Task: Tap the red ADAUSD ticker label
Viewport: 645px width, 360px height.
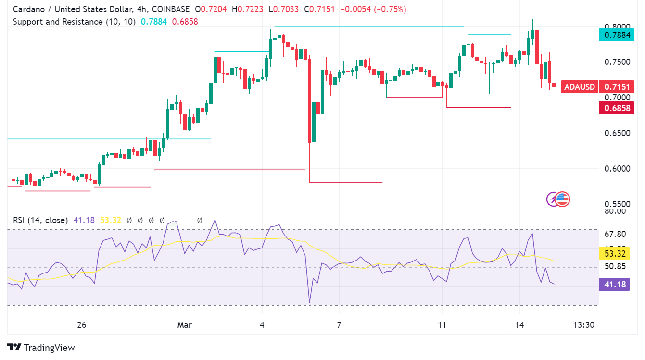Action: pyautogui.click(x=580, y=87)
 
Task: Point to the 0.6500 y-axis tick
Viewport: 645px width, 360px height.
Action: pyautogui.click(x=617, y=133)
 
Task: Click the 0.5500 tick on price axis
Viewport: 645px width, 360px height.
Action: pyautogui.click(x=617, y=204)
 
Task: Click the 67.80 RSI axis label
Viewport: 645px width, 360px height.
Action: pyautogui.click(x=615, y=234)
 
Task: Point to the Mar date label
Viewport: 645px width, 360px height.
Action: pyautogui.click(x=184, y=325)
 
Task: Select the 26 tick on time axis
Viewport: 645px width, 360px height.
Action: pyautogui.click(x=81, y=325)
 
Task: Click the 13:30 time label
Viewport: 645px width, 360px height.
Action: pyautogui.click(x=584, y=325)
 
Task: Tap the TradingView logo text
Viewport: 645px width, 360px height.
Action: pyautogui.click(x=49, y=348)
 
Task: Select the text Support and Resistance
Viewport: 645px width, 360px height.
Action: pyautogui.click(x=57, y=22)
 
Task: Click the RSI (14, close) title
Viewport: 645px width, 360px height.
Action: pyautogui.click(x=40, y=220)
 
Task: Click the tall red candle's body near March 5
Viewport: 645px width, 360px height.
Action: pyautogui.click(x=310, y=101)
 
